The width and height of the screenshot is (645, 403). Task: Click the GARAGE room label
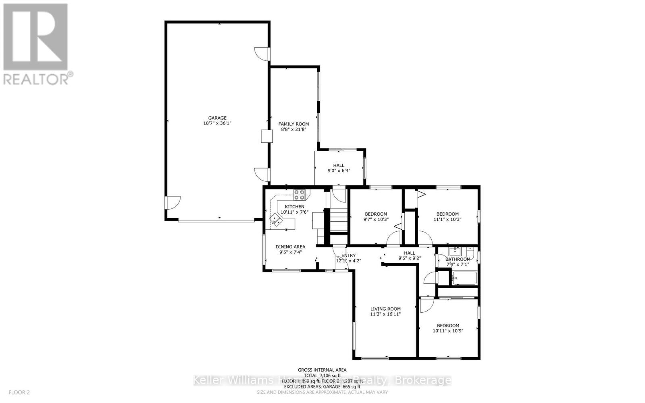(217, 118)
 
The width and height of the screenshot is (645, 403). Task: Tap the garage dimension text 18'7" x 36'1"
(217, 123)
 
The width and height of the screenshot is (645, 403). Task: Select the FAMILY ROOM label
(293, 124)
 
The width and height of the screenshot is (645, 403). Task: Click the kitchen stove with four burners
(299, 195)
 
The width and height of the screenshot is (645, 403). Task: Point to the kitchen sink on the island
(277, 220)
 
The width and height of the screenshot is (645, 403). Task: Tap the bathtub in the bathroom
(464, 278)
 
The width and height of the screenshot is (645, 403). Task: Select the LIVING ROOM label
(385, 309)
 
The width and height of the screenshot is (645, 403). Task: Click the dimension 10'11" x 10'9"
(448, 331)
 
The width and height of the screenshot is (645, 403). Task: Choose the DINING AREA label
(290, 247)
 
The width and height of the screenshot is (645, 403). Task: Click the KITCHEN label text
(294, 207)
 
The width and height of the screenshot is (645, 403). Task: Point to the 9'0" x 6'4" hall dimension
(339, 170)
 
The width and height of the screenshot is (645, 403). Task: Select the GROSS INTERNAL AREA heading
(322, 370)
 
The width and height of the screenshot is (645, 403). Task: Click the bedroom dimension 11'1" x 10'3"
(447, 220)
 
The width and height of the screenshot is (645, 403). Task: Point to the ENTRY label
(349, 256)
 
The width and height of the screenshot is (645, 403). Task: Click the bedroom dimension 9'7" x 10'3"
(376, 220)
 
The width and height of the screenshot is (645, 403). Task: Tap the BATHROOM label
(458, 259)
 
